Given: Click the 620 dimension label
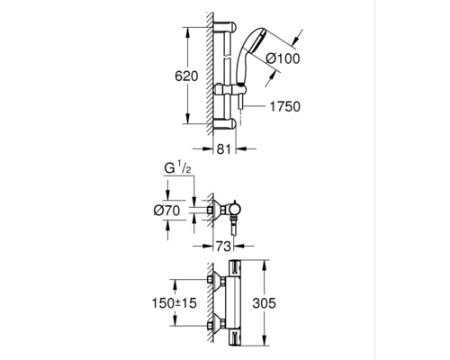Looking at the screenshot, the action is coord(186,76).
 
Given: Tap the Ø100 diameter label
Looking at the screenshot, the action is coord(283,58).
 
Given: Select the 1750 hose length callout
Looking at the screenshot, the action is coord(285,106).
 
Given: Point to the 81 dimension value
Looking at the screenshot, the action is coord(224,148).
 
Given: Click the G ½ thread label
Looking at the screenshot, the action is coord(177,168).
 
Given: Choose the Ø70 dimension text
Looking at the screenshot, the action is coord(166,211).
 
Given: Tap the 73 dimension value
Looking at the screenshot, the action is coord(223,247).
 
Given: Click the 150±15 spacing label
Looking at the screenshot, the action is coord(174,303).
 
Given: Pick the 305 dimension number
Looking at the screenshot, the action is coord(264,303).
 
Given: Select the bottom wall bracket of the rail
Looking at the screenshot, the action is coord(225,123).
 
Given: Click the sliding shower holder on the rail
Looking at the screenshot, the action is coord(230,90).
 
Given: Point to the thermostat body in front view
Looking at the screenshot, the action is coord(233,303).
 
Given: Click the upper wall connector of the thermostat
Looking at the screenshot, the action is coord(216,280).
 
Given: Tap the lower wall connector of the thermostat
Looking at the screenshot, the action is coord(216,324).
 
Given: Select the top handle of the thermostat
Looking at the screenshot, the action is coord(235,268).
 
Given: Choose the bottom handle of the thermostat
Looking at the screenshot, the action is coord(235,337).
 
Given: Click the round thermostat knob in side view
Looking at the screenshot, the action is coord(234,210).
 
